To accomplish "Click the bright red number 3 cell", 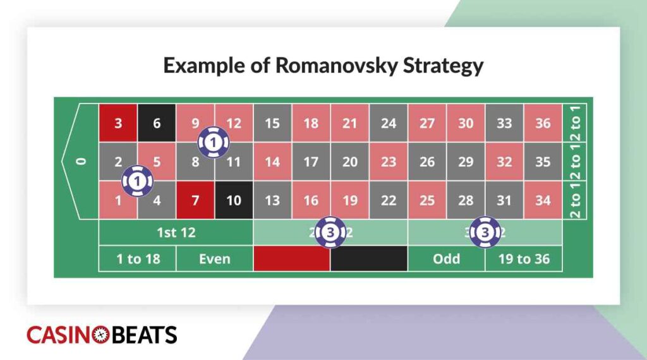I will (118, 123).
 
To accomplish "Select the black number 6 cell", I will (157, 123).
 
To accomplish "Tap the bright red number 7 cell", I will (195, 201).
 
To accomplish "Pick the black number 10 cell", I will (234, 201).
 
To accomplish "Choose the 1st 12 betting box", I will (176, 232).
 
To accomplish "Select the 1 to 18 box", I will (137, 258).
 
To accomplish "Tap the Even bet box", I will (214, 258).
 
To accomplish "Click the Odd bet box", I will (446, 258).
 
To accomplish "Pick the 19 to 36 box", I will (524, 258).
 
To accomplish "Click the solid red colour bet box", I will (291, 258).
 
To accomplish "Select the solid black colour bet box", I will (369, 258).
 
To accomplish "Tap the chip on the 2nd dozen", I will (330, 232).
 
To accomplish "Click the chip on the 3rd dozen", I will (485, 232).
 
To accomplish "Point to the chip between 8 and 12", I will (214, 143).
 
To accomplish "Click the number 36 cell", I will (543, 123).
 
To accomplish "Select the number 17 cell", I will (311, 162).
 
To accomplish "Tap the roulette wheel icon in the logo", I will (100, 335).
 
